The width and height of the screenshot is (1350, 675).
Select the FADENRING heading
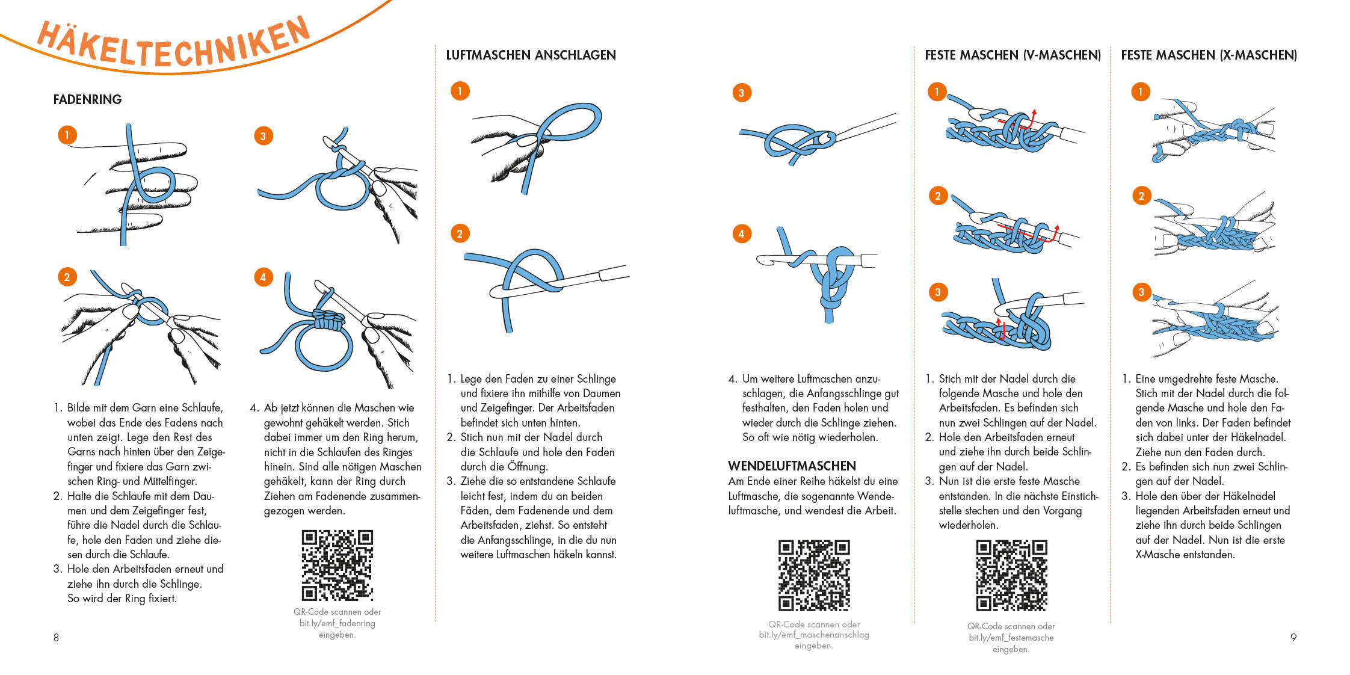[x=87, y=99]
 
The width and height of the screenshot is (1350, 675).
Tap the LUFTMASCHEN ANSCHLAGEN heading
[x=531, y=55]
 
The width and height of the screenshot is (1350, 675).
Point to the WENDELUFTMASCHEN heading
[x=792, y=466]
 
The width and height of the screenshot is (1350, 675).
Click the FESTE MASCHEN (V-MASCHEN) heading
[x=1012, y=55]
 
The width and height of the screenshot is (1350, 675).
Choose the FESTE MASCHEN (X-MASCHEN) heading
[x=1209, y=55]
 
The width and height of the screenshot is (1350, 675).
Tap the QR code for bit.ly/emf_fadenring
[x=337, y=565]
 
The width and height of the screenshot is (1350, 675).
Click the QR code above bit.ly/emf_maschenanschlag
[x=814, y=576]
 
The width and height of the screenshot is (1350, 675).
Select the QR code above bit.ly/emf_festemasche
[x=1011, y=576]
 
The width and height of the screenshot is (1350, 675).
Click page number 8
[x=57, y=638]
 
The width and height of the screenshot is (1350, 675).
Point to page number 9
[x=1293, y=638]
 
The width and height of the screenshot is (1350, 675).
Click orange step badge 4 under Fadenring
[x=263, y=277]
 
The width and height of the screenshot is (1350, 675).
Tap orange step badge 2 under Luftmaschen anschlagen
[x=460, y=233]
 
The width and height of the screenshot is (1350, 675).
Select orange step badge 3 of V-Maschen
[x=937, y=292]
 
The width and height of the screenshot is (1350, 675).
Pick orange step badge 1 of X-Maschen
[x=1140, y=92]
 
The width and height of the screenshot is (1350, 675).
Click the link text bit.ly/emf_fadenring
[x=337, y=623]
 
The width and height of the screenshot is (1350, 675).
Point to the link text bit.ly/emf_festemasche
[x=1011, y=638]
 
